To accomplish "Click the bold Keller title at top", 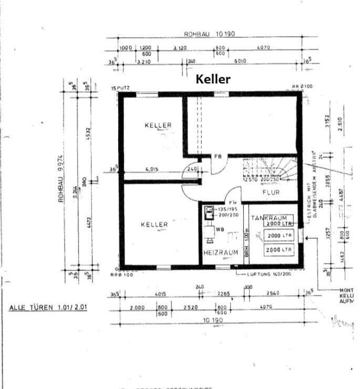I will point(213,79).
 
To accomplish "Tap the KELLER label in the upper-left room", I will point(158,125).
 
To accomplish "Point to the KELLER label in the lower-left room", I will point(154,225).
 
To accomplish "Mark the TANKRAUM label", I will point(269,217).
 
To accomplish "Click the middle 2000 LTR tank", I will point(279,236).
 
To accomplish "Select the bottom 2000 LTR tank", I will point(279,250).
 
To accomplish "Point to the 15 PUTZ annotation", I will point(120,88).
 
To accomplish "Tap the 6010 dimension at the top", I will point(240,61).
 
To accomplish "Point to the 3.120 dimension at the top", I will point(180,48).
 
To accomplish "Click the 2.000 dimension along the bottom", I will point(137,307).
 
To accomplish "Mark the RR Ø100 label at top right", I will point(302,86).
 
